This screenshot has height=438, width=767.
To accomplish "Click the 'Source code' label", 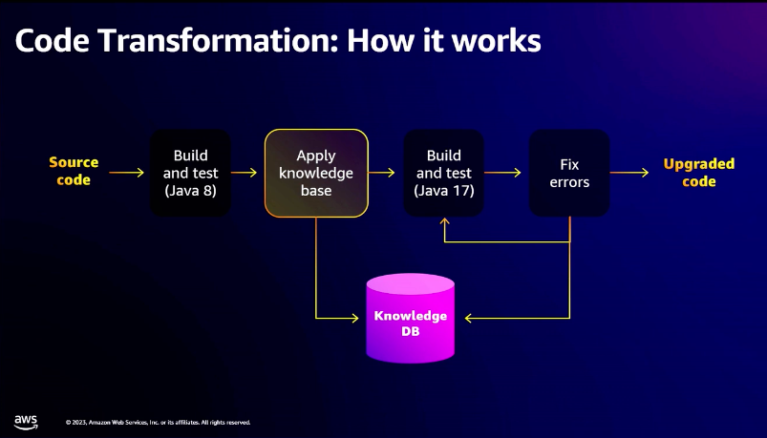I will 74,172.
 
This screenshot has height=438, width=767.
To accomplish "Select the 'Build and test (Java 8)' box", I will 190,173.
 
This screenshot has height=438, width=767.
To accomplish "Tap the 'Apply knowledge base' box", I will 316,173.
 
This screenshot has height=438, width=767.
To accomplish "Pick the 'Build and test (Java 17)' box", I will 443,173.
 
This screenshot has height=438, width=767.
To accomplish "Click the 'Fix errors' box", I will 569,173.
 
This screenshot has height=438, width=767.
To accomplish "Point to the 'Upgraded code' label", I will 698,173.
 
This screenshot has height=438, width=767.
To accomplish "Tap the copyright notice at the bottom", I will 159,422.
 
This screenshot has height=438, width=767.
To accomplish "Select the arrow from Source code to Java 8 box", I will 126,173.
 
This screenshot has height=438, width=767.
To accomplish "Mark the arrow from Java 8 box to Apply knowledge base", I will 245,173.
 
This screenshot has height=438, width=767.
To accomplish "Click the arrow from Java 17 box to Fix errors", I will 502,173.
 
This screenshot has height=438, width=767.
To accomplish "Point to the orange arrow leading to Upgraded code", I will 630,173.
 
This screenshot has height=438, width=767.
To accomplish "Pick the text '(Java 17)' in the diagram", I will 443,190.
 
